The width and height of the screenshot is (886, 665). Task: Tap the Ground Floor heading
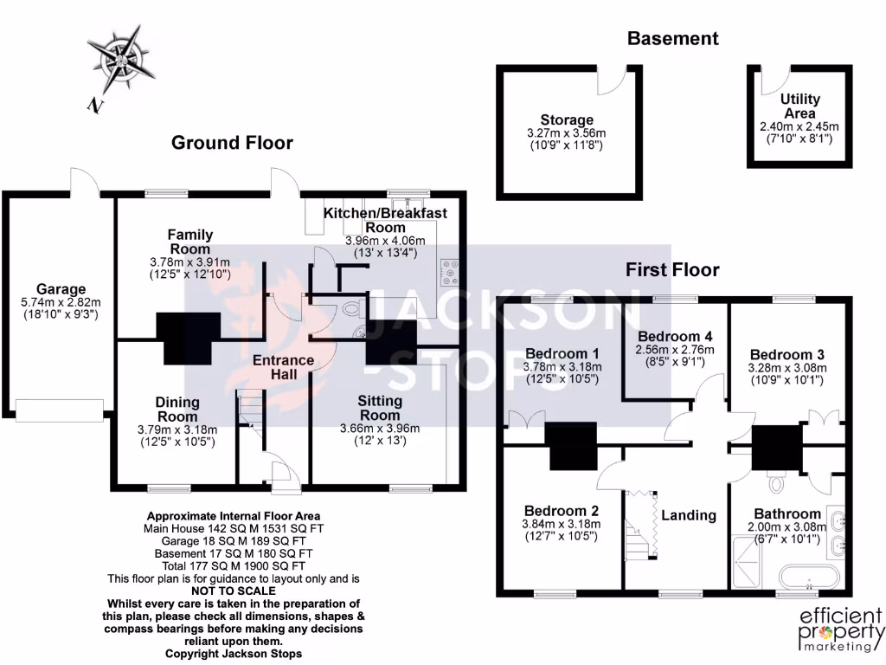[x=232, y=143]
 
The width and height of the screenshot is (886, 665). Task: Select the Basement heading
[x=672, y=38]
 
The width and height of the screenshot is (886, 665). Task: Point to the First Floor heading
[x=672, y=270]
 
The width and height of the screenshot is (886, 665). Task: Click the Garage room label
[x=61, y=289]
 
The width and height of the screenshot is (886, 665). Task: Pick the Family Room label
[x=190, y=242]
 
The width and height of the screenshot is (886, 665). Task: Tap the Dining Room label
[x=177, y=409]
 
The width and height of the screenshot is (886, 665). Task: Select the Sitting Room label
[x=380, y=409]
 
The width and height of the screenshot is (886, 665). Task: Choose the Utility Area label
[x=799, y=107]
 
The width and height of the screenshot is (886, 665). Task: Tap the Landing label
[x=689, y=515]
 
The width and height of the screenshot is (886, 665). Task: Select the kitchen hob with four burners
[x=452, y=272]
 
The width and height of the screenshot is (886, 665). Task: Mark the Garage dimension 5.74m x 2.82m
[x=61, y=302]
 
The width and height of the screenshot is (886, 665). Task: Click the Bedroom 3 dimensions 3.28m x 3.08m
[x=786, y=367]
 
